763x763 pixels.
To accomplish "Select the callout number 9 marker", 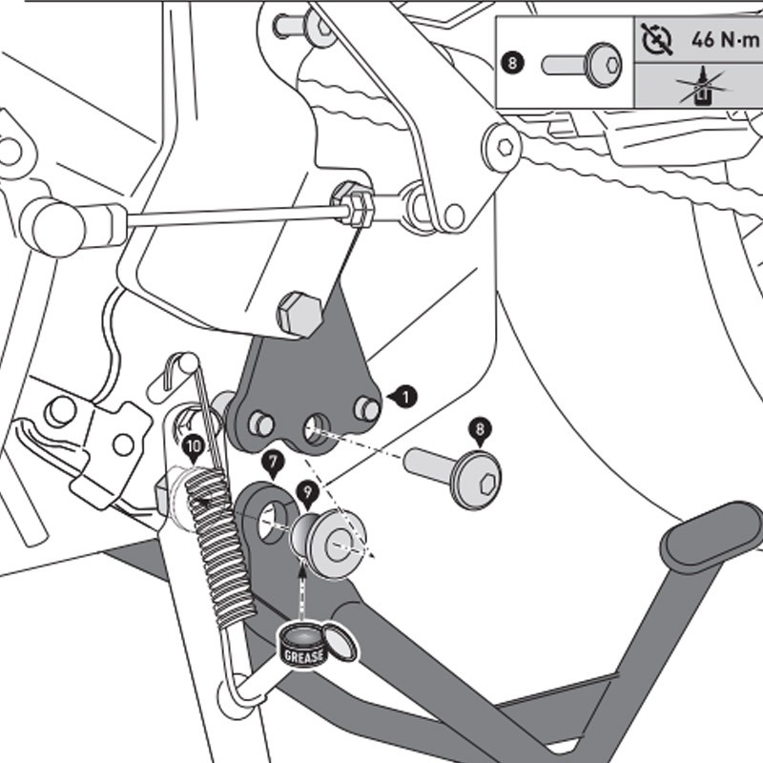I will click(305, 494).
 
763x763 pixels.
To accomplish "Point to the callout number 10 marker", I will click(194, 445).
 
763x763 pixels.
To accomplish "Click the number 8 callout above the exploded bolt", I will click(480, 429).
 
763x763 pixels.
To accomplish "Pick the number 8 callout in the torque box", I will click(513, 64).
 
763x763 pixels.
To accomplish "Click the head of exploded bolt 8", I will click(477, 480).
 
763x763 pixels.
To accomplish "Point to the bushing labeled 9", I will click(330, 542).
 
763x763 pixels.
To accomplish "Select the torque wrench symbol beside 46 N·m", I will click(657, 40).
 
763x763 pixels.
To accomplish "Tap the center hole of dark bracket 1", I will click(315, 427).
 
